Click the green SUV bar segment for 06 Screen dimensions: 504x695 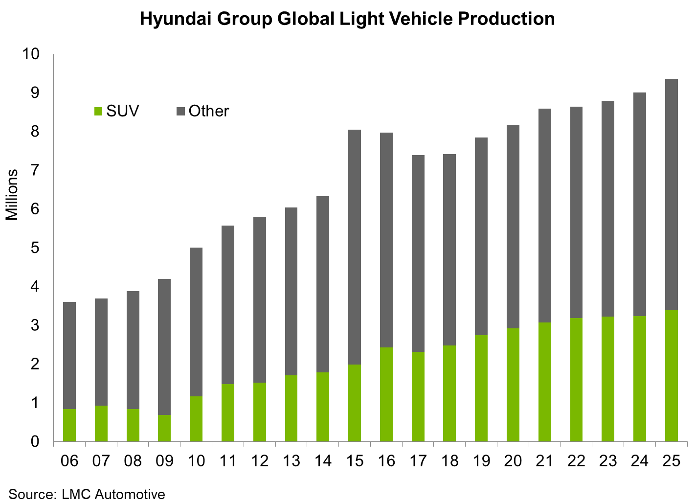click(x=69, y=425)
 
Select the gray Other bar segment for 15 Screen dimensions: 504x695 click(x=355, y=247)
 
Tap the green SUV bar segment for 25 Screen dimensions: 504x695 click(x=672, y=375)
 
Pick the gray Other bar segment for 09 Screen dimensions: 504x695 click(x=164, y=347)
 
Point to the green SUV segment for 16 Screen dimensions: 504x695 click(x=386, y=394)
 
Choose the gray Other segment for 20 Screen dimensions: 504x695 click(x=513, y=227)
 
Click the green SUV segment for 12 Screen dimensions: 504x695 click(x=260, y=412)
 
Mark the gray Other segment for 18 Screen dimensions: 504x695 click(x=449, y=250)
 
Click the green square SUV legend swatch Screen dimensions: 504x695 click(x=98, y=112)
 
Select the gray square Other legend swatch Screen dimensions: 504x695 click(x=180, y=112)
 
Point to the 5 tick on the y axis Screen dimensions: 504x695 click(x=35, y=248)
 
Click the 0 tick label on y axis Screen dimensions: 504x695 click(x=35, y=442)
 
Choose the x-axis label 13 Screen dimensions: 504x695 click(x=291, y=461)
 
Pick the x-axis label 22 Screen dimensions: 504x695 click(x=577, y=461)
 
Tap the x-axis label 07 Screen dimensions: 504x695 click(x=101, y=461)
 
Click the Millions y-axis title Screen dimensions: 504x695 click(x=12, y=195)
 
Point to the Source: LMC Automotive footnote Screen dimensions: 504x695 click(x=87, y=494)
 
